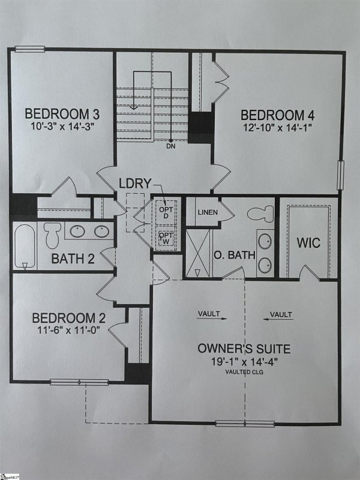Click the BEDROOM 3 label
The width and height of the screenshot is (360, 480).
click(62, 114)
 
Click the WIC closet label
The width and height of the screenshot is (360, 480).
click(308, 244)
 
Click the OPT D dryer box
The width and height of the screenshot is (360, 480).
click(165, 211)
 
